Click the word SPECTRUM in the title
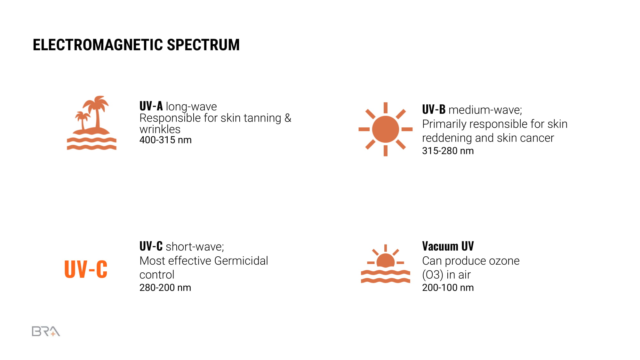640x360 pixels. [x=203, y=45]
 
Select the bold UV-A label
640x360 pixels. [x=151, y=106]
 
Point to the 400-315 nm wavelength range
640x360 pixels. [x=165, y=140]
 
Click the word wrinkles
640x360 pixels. [x=160, y=129]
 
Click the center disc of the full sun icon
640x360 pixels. [x=386, y=129]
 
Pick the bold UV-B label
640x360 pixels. [x=434, y=109]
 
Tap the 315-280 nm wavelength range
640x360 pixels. [x=448, y=151]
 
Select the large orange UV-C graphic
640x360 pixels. [x=86, y=269]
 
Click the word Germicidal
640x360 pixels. [x=241, y=261]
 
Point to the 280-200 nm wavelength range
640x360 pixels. [x=165, y=288]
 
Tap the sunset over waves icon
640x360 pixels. [x=386, y=264]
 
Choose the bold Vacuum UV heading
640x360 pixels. [x=448, y=246]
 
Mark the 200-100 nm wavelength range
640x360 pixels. [x=448, y=288]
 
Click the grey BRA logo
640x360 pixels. [x=46, y=332]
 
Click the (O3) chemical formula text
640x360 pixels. [x=433, y=275]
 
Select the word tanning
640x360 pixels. [x=262, y=118]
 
